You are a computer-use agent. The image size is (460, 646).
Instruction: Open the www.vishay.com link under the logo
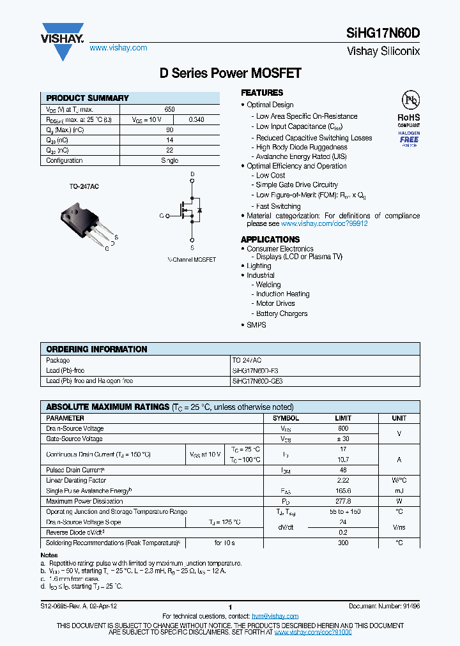118,48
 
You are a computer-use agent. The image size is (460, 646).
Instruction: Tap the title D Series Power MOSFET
230,73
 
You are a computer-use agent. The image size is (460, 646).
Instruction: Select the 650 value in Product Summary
169,109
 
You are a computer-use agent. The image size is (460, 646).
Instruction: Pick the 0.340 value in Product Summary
197,119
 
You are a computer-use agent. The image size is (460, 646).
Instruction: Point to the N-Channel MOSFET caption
192,260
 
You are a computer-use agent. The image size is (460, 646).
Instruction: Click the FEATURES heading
262,93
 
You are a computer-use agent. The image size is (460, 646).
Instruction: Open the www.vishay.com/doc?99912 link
325,224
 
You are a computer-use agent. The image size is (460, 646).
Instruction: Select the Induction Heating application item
282,294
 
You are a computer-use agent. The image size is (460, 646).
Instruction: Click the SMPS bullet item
256,325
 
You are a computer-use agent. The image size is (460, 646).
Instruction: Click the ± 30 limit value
343,439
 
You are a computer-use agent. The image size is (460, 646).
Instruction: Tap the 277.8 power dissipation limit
343,501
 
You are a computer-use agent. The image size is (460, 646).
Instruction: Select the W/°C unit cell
399,480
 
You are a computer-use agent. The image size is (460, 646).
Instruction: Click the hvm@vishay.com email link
275,616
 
